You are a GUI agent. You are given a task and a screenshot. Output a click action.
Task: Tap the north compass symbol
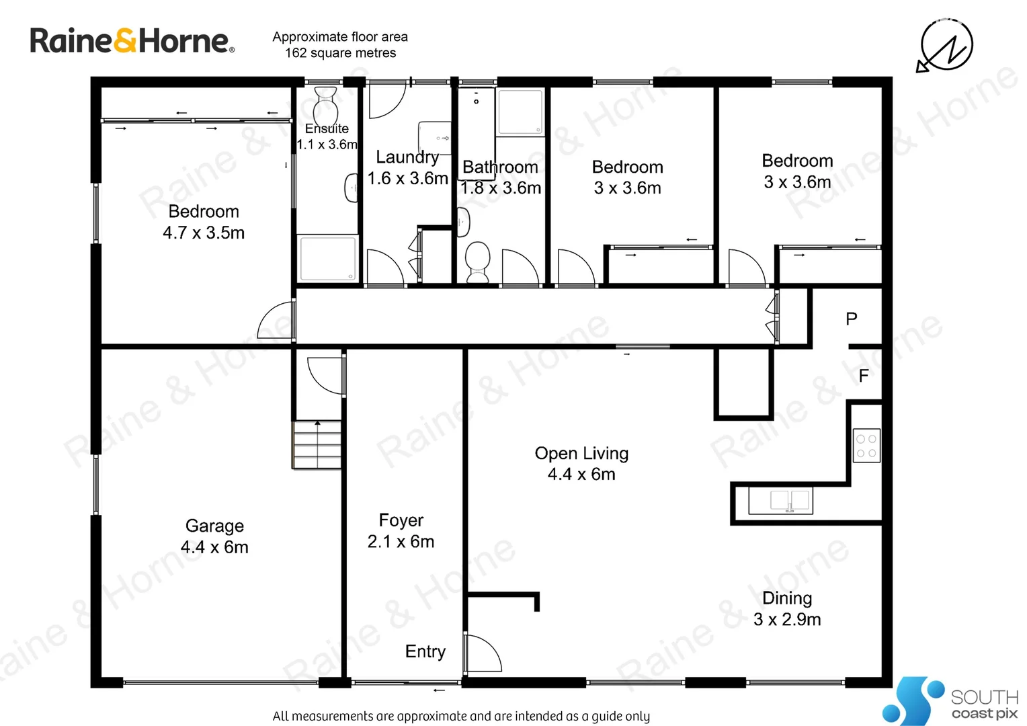pos(946,46)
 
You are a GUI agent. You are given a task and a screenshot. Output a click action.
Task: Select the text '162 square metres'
pos(340,53)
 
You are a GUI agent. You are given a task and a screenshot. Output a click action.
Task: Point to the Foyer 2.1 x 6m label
pos(401,530)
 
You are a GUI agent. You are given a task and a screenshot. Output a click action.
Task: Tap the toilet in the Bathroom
pos(478,261)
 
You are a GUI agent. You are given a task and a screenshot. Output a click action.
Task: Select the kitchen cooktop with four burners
pos(866,446)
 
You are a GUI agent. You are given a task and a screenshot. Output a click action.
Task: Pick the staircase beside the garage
pos(317,444)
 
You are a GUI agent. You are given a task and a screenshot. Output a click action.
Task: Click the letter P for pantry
pos(852,319)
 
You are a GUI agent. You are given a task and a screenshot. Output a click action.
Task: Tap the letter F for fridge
pos(864,376)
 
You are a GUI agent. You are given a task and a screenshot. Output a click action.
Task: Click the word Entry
pos(425,651)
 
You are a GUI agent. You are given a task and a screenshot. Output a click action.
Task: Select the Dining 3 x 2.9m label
pos(787,608)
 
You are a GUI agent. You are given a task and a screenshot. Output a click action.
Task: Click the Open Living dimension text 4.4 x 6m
pos(581,475)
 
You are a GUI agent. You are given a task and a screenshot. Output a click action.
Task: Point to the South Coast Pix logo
pos(950,700)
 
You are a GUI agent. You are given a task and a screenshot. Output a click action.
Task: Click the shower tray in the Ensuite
pos(328,258)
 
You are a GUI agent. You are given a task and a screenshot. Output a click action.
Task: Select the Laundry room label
pos(407,157)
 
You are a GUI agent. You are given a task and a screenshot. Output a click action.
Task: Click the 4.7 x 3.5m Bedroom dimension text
pos(204,233)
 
